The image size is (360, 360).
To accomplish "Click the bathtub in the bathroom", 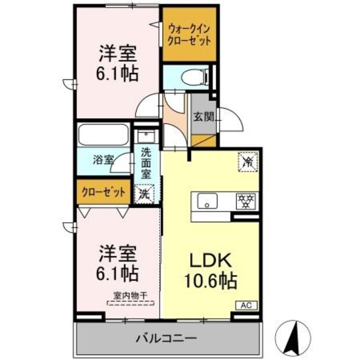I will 103,135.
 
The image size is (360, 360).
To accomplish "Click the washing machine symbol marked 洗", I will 145,193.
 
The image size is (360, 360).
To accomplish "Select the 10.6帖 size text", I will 211,280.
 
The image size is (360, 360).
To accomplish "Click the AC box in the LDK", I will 246,305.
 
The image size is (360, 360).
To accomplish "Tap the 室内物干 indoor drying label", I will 130,295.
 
